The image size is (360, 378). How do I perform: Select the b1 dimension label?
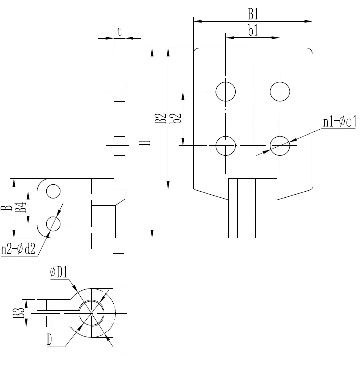coord(253,31)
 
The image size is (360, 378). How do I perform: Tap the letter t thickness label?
coord(119,31)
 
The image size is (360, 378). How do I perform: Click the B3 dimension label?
coord(18,314)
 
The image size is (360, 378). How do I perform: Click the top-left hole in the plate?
coord(225,92)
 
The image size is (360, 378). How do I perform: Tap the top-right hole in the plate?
coord(280,92)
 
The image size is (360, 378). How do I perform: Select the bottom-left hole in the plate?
coord(225,145)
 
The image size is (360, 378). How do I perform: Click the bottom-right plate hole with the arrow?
coord(280,145)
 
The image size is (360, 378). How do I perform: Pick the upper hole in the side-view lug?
coord(53,190)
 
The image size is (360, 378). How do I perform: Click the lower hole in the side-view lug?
coord(53,224)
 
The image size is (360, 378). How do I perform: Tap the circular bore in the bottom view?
coord(92,313)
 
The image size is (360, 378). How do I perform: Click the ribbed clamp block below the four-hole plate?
coord(253,208)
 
